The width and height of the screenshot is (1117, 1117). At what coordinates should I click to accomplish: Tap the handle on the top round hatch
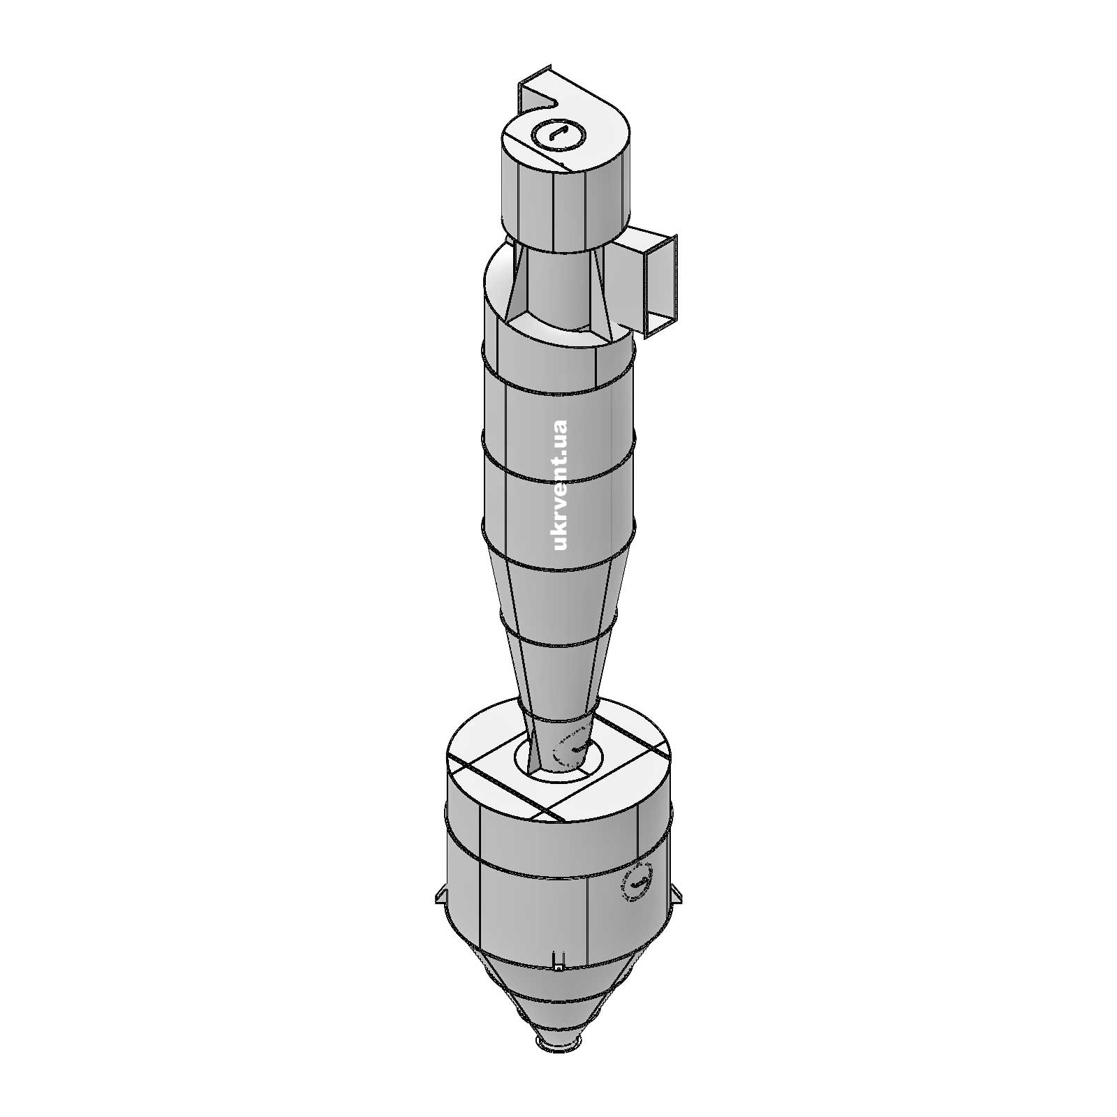(556, 133)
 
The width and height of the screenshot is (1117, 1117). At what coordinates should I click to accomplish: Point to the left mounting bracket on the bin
(440, 894)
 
